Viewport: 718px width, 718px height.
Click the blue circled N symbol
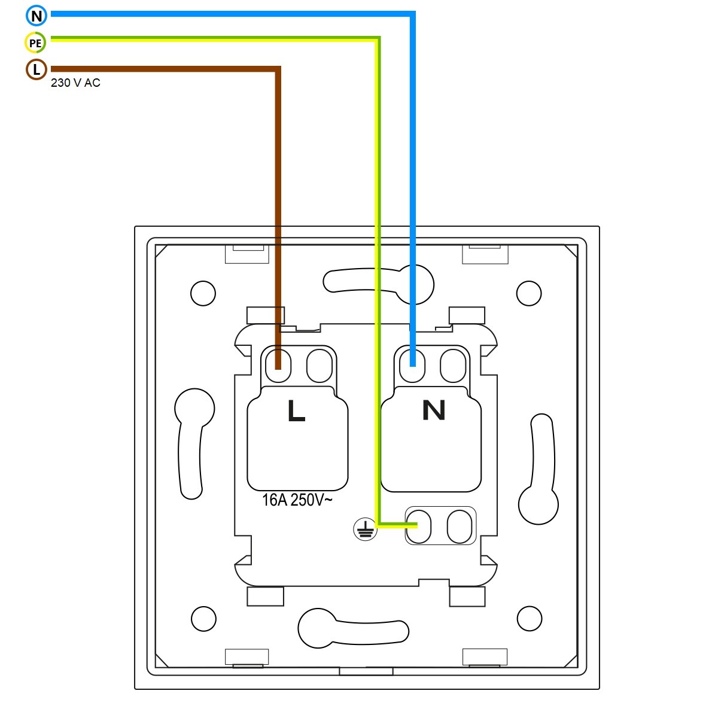click(x=36, y=16)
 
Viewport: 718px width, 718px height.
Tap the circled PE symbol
click(x=35, y=42)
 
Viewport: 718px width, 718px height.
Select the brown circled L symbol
click(x=36, y=69)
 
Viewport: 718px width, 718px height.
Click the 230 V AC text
click(x=75, y=83)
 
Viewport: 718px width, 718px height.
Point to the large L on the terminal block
click(x=297, y=410)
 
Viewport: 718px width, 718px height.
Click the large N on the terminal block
click(x=434, y=410)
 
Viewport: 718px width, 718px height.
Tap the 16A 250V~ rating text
click(x=297, y=500)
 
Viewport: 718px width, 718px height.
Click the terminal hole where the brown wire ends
click(x=278, y=366)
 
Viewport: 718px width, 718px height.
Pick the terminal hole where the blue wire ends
click(x=412, y=366)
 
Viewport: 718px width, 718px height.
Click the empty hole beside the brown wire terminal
click(x=320, y=366)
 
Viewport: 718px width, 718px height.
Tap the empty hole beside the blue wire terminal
click(x=453, y=366)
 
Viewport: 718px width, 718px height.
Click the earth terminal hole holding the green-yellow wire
click(x=418, y=527)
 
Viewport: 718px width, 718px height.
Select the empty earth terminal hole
click(x=460, y=527)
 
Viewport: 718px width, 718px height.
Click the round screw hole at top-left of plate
click(x=203, y=293)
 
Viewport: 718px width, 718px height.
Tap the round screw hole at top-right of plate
click(x=529, y=293)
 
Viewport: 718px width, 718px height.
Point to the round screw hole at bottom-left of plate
click(x=203, y=619)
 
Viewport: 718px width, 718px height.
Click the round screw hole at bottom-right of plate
click(x=530, y=619)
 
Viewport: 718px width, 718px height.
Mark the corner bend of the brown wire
click(x=278, y=69)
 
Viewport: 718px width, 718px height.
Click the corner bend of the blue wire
click(x=412, y=14)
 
